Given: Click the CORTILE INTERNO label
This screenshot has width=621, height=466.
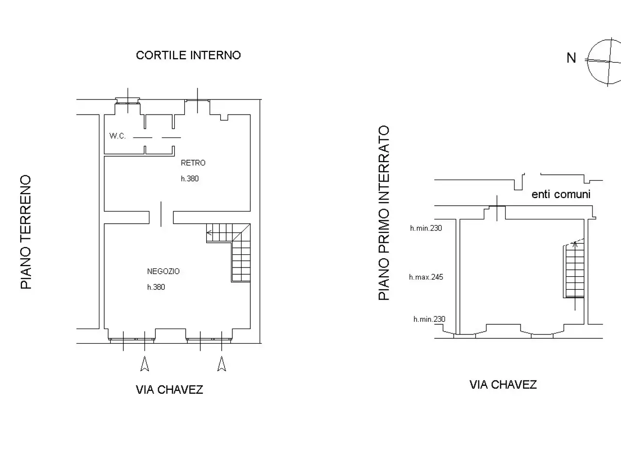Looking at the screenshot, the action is click(x=188, y=55).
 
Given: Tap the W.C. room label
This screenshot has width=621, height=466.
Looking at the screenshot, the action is click(x=117, y=136).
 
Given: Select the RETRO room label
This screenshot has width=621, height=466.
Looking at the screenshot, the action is click(x=193, y=163).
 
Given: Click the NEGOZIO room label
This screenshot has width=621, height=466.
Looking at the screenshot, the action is click(x=163, y=271).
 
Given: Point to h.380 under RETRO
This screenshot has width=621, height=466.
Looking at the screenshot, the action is click(x=190, y=179).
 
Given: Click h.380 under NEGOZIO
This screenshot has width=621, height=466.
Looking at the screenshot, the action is click(x=156, y=287).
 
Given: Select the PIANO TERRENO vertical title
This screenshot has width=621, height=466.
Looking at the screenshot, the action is click(x=26, y=232).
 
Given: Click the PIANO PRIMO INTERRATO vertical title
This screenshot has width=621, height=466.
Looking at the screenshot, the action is click(x=384, y=213).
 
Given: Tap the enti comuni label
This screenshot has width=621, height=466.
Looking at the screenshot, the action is click(x=561, y=194).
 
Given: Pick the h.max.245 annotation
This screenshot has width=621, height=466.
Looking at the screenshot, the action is click(x=426, y=277).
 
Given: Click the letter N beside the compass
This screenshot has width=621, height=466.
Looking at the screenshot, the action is click(x=571, y=58).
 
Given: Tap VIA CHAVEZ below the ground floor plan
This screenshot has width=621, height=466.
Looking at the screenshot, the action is click(x=169, y=390).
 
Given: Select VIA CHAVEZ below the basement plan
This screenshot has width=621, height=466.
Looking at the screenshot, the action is click(x=503, y=384).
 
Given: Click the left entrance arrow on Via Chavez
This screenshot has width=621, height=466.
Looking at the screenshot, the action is click(x=145, y=364).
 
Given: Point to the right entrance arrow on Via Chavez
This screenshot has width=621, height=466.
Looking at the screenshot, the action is click(x=222, y=364).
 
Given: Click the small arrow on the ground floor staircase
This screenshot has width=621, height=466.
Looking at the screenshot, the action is click(x=210, y=233).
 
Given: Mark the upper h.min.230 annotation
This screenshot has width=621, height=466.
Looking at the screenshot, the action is click(x=426, y=228).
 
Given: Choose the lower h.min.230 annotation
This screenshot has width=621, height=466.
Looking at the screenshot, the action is click(x=429, y=319).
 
